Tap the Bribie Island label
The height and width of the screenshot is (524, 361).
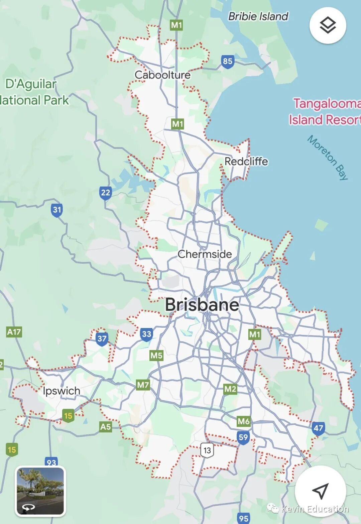point(258,16)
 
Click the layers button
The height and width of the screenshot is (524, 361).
point(328,25)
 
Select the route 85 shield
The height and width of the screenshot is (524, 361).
point(227,62)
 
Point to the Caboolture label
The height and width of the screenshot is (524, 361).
point(162,75)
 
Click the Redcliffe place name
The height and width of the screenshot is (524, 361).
point(246,162)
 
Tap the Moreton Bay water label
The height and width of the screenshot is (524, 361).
point(328,157)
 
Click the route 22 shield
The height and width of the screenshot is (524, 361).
point(105,193)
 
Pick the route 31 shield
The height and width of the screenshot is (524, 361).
point(57,210)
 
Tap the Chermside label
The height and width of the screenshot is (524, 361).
point(205,254)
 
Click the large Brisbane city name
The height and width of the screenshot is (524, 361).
point(202,305)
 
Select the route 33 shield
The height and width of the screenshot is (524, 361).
point(146,334)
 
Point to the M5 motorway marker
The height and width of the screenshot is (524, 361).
point(156,355)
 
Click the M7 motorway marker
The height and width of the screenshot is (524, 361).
point(143,385)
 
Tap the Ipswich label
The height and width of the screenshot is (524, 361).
point(62,391)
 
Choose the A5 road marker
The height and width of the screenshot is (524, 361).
point(105,427)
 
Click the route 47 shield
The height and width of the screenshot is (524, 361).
point(318,428)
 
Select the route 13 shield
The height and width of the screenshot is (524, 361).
point(207,450)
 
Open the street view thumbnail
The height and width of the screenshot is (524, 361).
point(40,491)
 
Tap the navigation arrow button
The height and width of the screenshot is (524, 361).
point(320,491)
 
